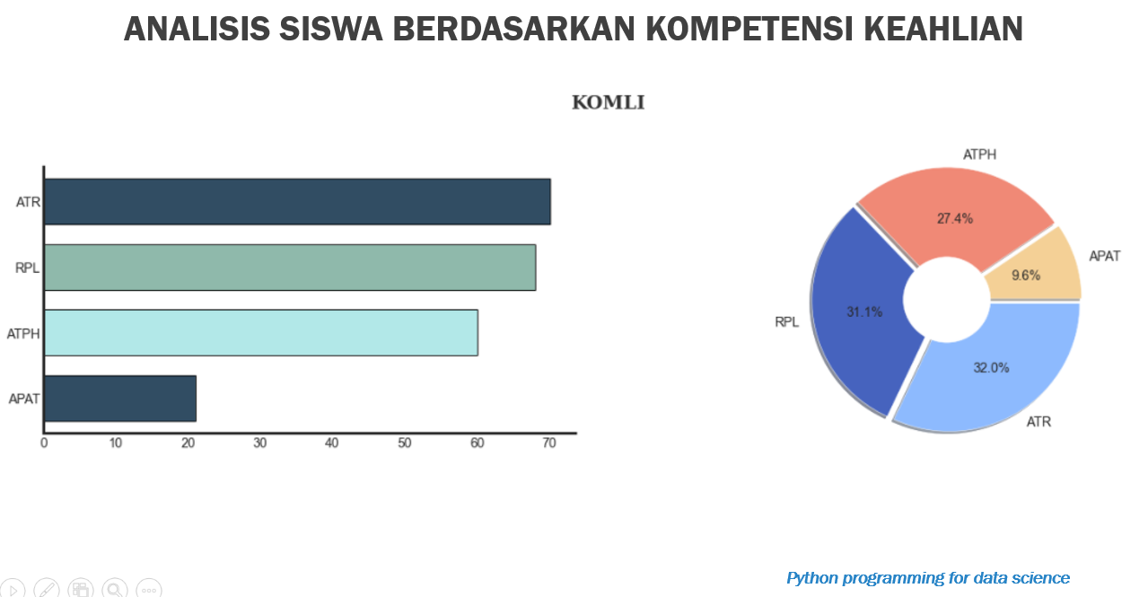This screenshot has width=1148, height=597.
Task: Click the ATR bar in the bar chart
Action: click(x=297, y=202)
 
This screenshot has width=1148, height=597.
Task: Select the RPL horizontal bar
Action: click(x=290, y=268)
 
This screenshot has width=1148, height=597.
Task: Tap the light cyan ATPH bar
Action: click(x=261, y=332)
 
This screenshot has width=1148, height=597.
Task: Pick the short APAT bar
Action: click(x=120, y=399)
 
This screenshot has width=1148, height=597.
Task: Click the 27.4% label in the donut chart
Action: click(x=955, y=219)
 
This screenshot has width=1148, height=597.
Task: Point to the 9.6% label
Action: click(x=1026, y=276)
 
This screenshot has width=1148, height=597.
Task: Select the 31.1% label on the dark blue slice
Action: click(x=864, y=312)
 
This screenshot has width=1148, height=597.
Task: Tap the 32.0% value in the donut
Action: click(x=991, y=368)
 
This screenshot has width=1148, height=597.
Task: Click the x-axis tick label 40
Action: click(x=331, y=443)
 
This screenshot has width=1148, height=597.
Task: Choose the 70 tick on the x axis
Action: click(x=549, y=443)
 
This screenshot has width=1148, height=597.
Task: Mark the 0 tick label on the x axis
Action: click(x=44, y=443)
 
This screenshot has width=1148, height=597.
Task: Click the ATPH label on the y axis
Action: click(x=23, y=334)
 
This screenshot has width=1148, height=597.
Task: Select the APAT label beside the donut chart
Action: click(x=1104, y=256)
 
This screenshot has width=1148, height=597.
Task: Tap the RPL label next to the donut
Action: click(x=786, y=322)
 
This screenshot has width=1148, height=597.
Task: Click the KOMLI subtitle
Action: click(x=608, y=102)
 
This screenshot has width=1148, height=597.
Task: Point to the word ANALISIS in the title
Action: click(x=197, y=29)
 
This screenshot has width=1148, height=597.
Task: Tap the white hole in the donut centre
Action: click(x=947, y=300)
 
